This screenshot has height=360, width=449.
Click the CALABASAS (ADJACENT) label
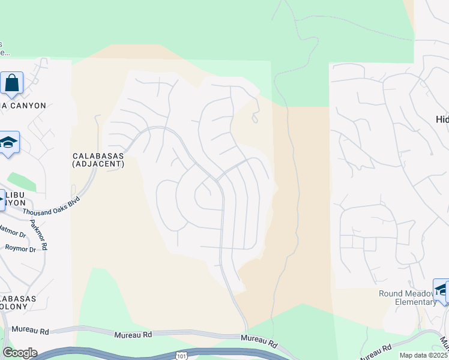[98, 159]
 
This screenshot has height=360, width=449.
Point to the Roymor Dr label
[20, 247]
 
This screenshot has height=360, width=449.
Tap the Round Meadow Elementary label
[406, 298]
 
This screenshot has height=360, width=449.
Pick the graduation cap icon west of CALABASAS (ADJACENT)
[8, 143]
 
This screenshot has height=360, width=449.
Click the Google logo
[19, 353]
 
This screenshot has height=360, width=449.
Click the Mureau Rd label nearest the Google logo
[30, 331]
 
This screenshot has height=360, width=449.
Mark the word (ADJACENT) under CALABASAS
[98, 163]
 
